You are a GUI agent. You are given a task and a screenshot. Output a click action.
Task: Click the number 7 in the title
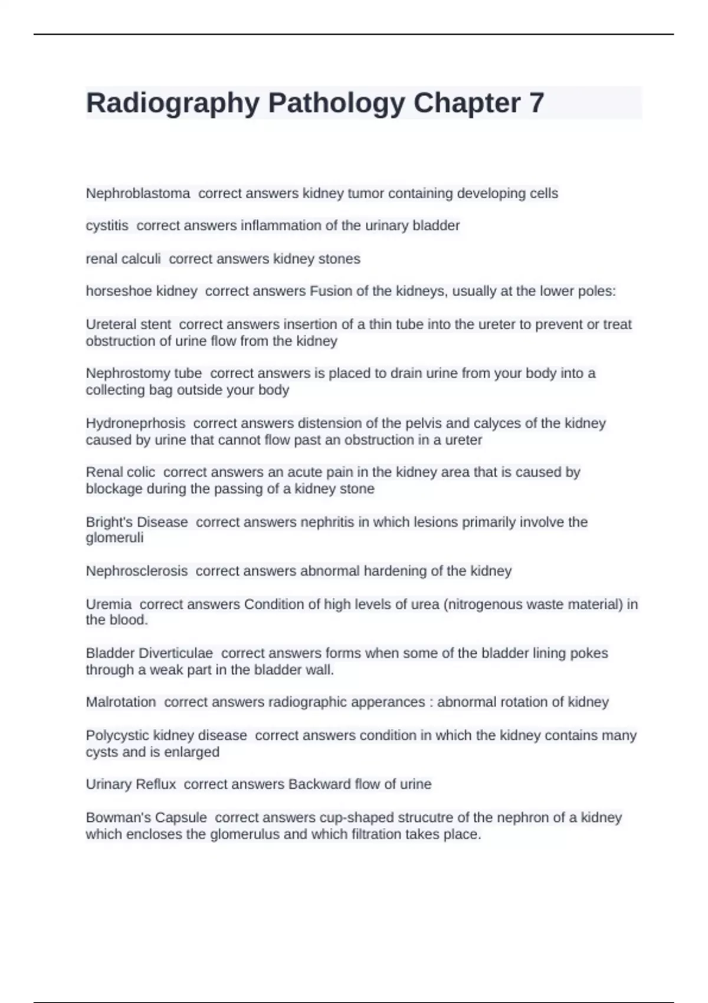536,103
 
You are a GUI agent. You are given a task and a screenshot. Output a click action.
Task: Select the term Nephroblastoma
138,194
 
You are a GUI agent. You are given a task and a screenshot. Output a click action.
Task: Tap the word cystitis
107,226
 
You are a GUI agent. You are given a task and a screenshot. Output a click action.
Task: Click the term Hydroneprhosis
135,424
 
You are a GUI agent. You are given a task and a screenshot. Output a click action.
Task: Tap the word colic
140,473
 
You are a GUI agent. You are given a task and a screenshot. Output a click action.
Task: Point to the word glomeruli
114,538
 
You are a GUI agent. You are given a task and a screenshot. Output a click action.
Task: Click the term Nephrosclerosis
136,571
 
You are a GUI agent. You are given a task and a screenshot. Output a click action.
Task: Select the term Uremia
109,604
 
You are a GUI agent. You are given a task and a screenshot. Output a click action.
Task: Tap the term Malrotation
120,702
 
